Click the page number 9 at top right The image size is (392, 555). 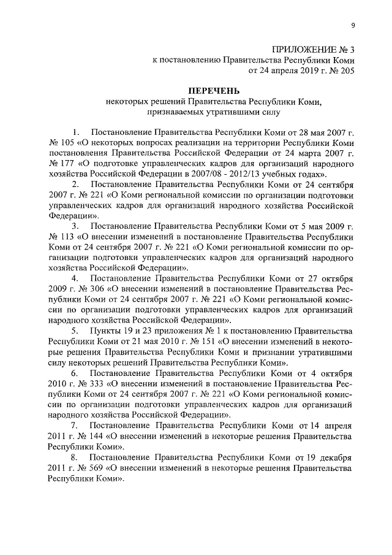[x=353, y=25]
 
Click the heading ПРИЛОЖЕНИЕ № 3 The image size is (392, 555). [x=312, y=49]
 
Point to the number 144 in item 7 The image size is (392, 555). [x=85, y=436]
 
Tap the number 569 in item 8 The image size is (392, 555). [x=85, y=468]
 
